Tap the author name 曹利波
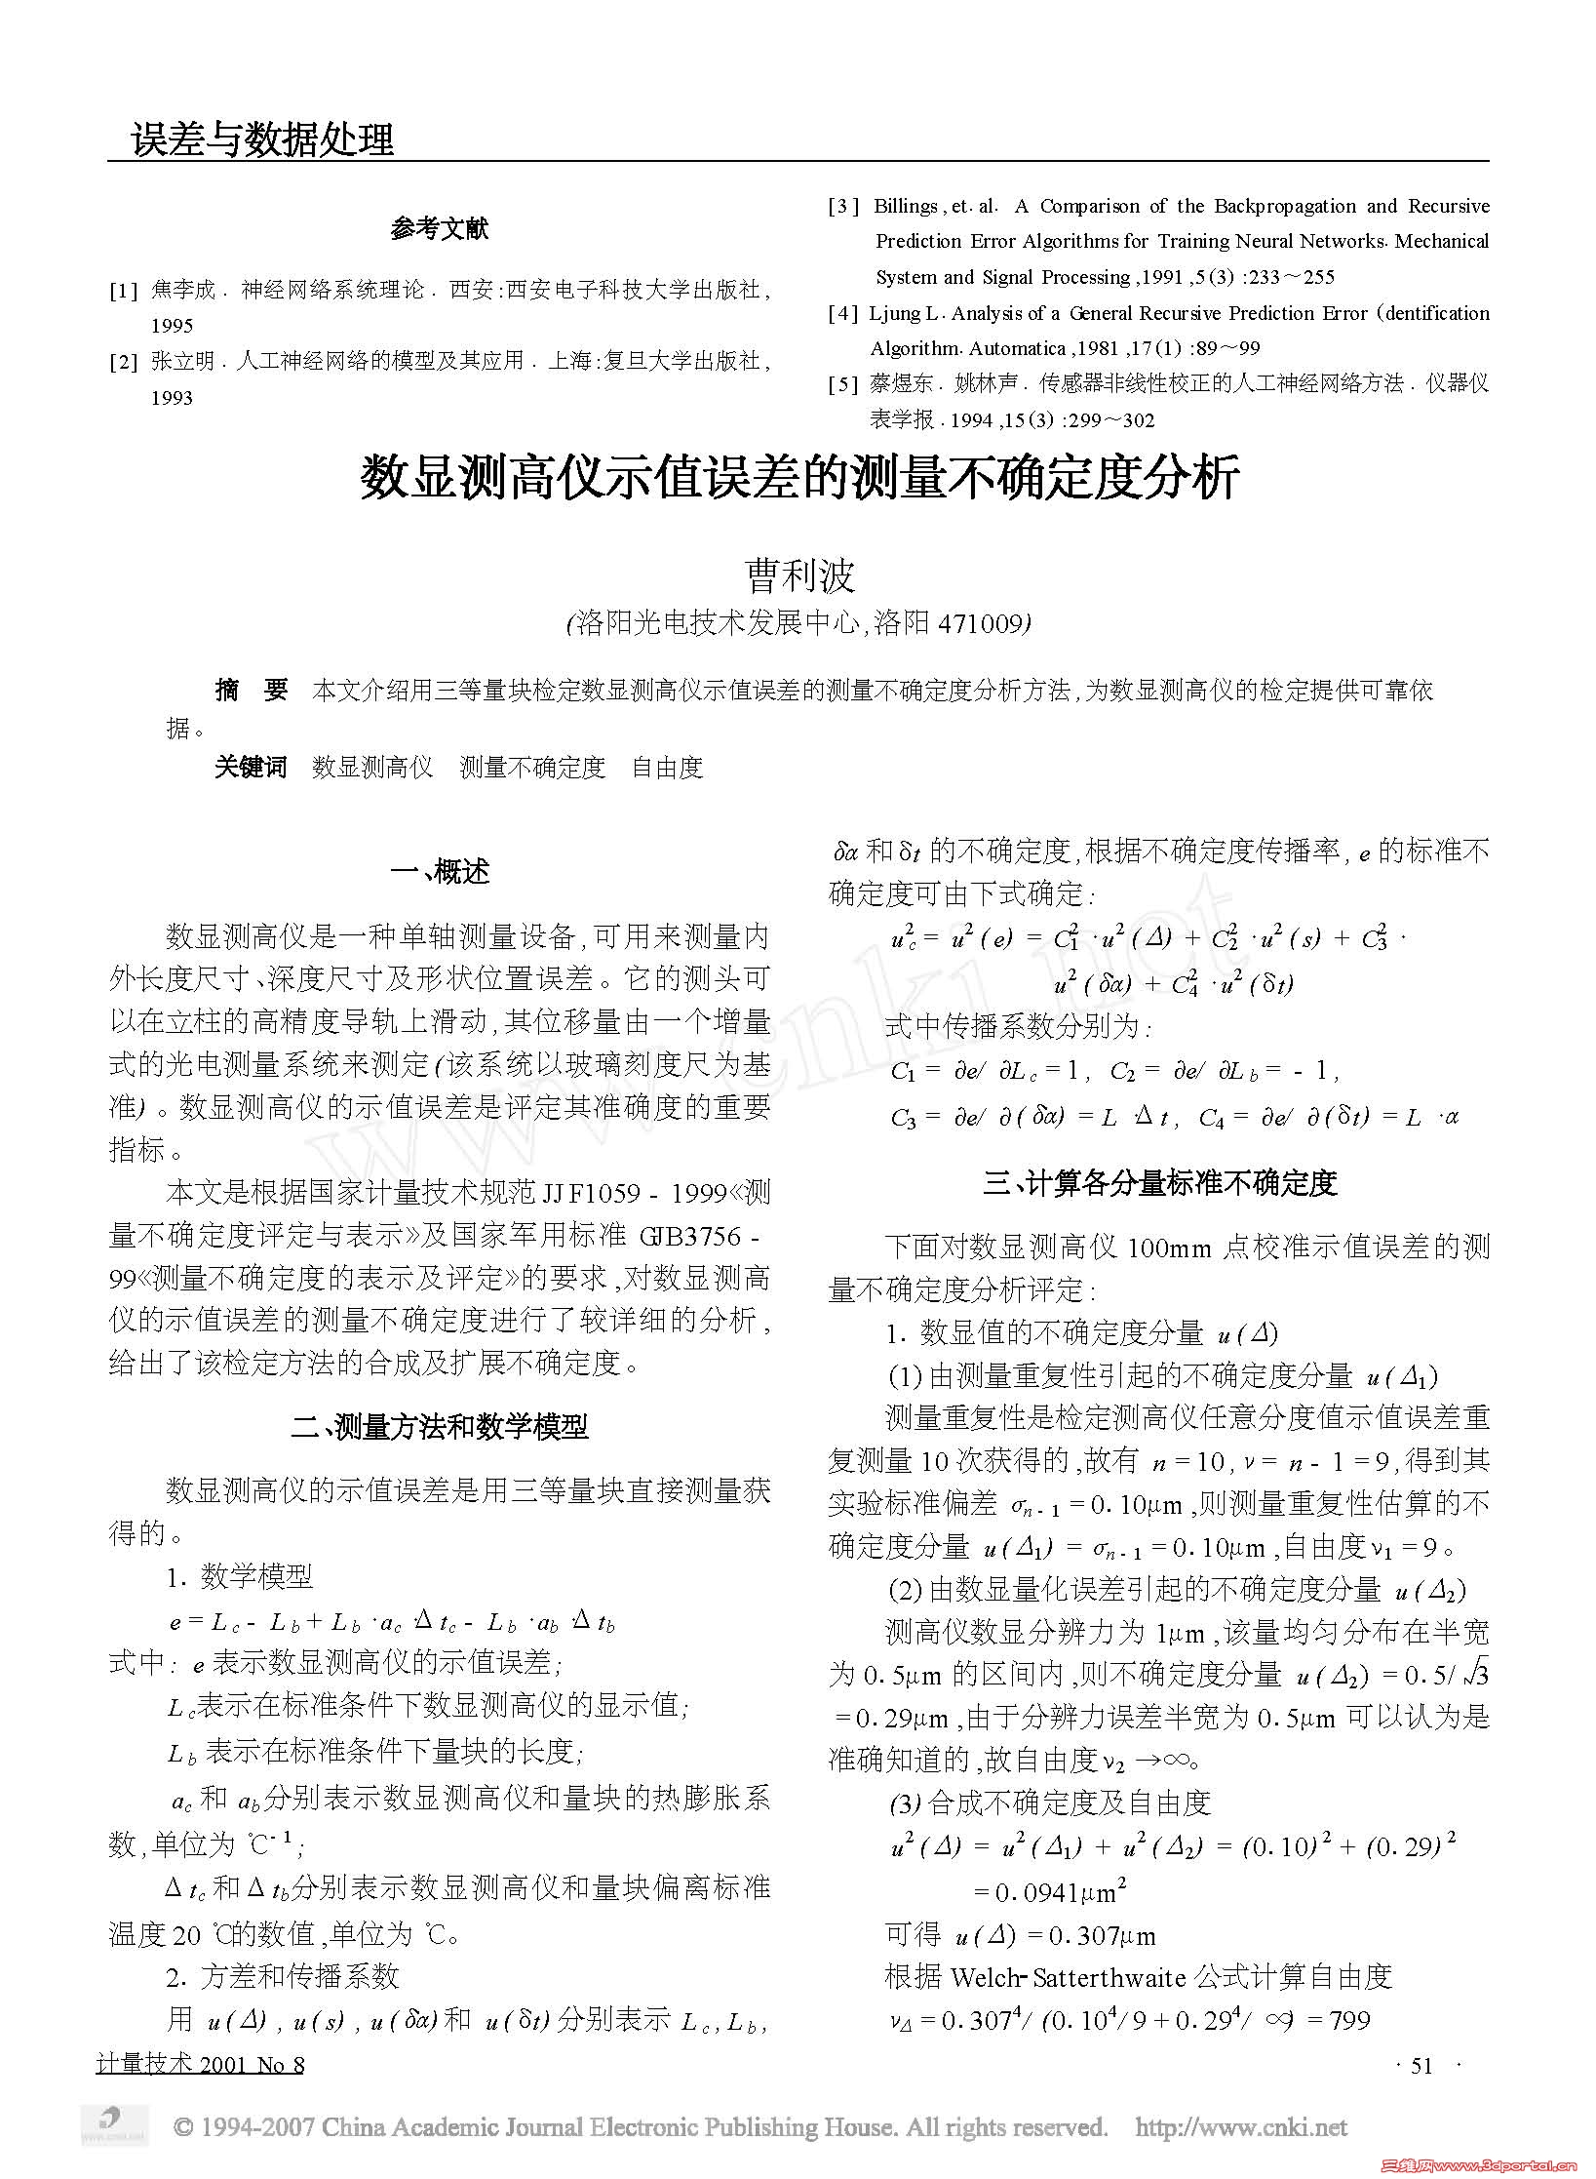[799, 574]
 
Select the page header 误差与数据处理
[263, 139]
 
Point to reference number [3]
[844, 207]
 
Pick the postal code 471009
[980, 623]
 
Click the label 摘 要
[252, 691]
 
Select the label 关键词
[251, 768]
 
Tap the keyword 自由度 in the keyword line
[667, 768]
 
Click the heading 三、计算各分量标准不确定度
[1159, 1183]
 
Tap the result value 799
[1349, 2020]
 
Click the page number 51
[1422, 2066]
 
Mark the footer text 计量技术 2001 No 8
[201, 2065]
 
